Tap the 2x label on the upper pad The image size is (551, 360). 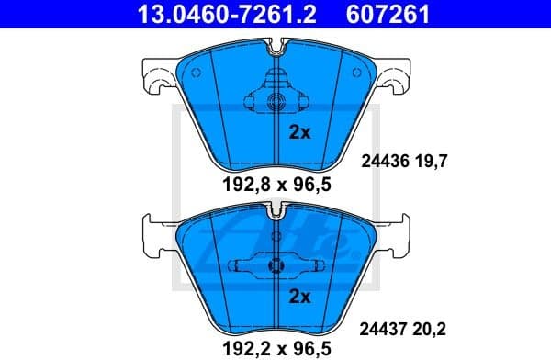pos(299,132)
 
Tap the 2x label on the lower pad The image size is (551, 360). pos(299,297)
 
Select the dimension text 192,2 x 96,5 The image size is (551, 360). pos(275,348)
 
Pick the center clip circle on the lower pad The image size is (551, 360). pos(273,267)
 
